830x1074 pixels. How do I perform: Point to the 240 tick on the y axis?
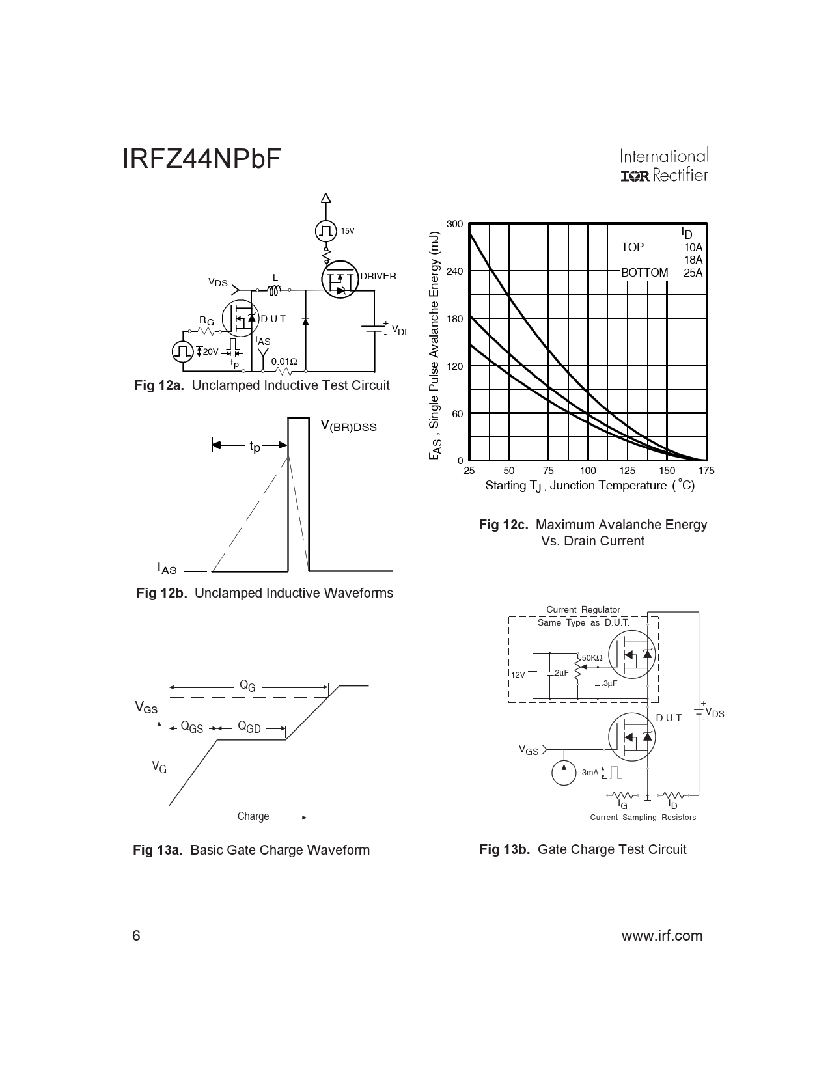455,271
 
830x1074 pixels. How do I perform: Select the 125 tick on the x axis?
627,471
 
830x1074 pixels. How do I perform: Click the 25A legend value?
693,273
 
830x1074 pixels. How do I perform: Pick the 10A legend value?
693,247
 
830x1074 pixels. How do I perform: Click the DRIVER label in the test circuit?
378,276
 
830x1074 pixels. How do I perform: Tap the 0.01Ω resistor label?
284,361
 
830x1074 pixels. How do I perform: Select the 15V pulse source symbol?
325,230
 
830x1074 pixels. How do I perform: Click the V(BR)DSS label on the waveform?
348,426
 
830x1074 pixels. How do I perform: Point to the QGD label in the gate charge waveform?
249,727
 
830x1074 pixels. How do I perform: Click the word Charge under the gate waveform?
253,816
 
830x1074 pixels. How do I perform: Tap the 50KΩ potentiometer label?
592,658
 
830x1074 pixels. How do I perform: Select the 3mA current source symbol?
564,772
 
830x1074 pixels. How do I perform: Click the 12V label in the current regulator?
518,675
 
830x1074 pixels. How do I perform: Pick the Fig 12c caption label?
503,525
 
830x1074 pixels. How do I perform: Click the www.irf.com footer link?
662,936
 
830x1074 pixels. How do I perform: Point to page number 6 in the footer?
136,936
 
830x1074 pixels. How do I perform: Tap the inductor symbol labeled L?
275,290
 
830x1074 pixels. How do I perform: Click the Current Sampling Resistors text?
643,818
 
